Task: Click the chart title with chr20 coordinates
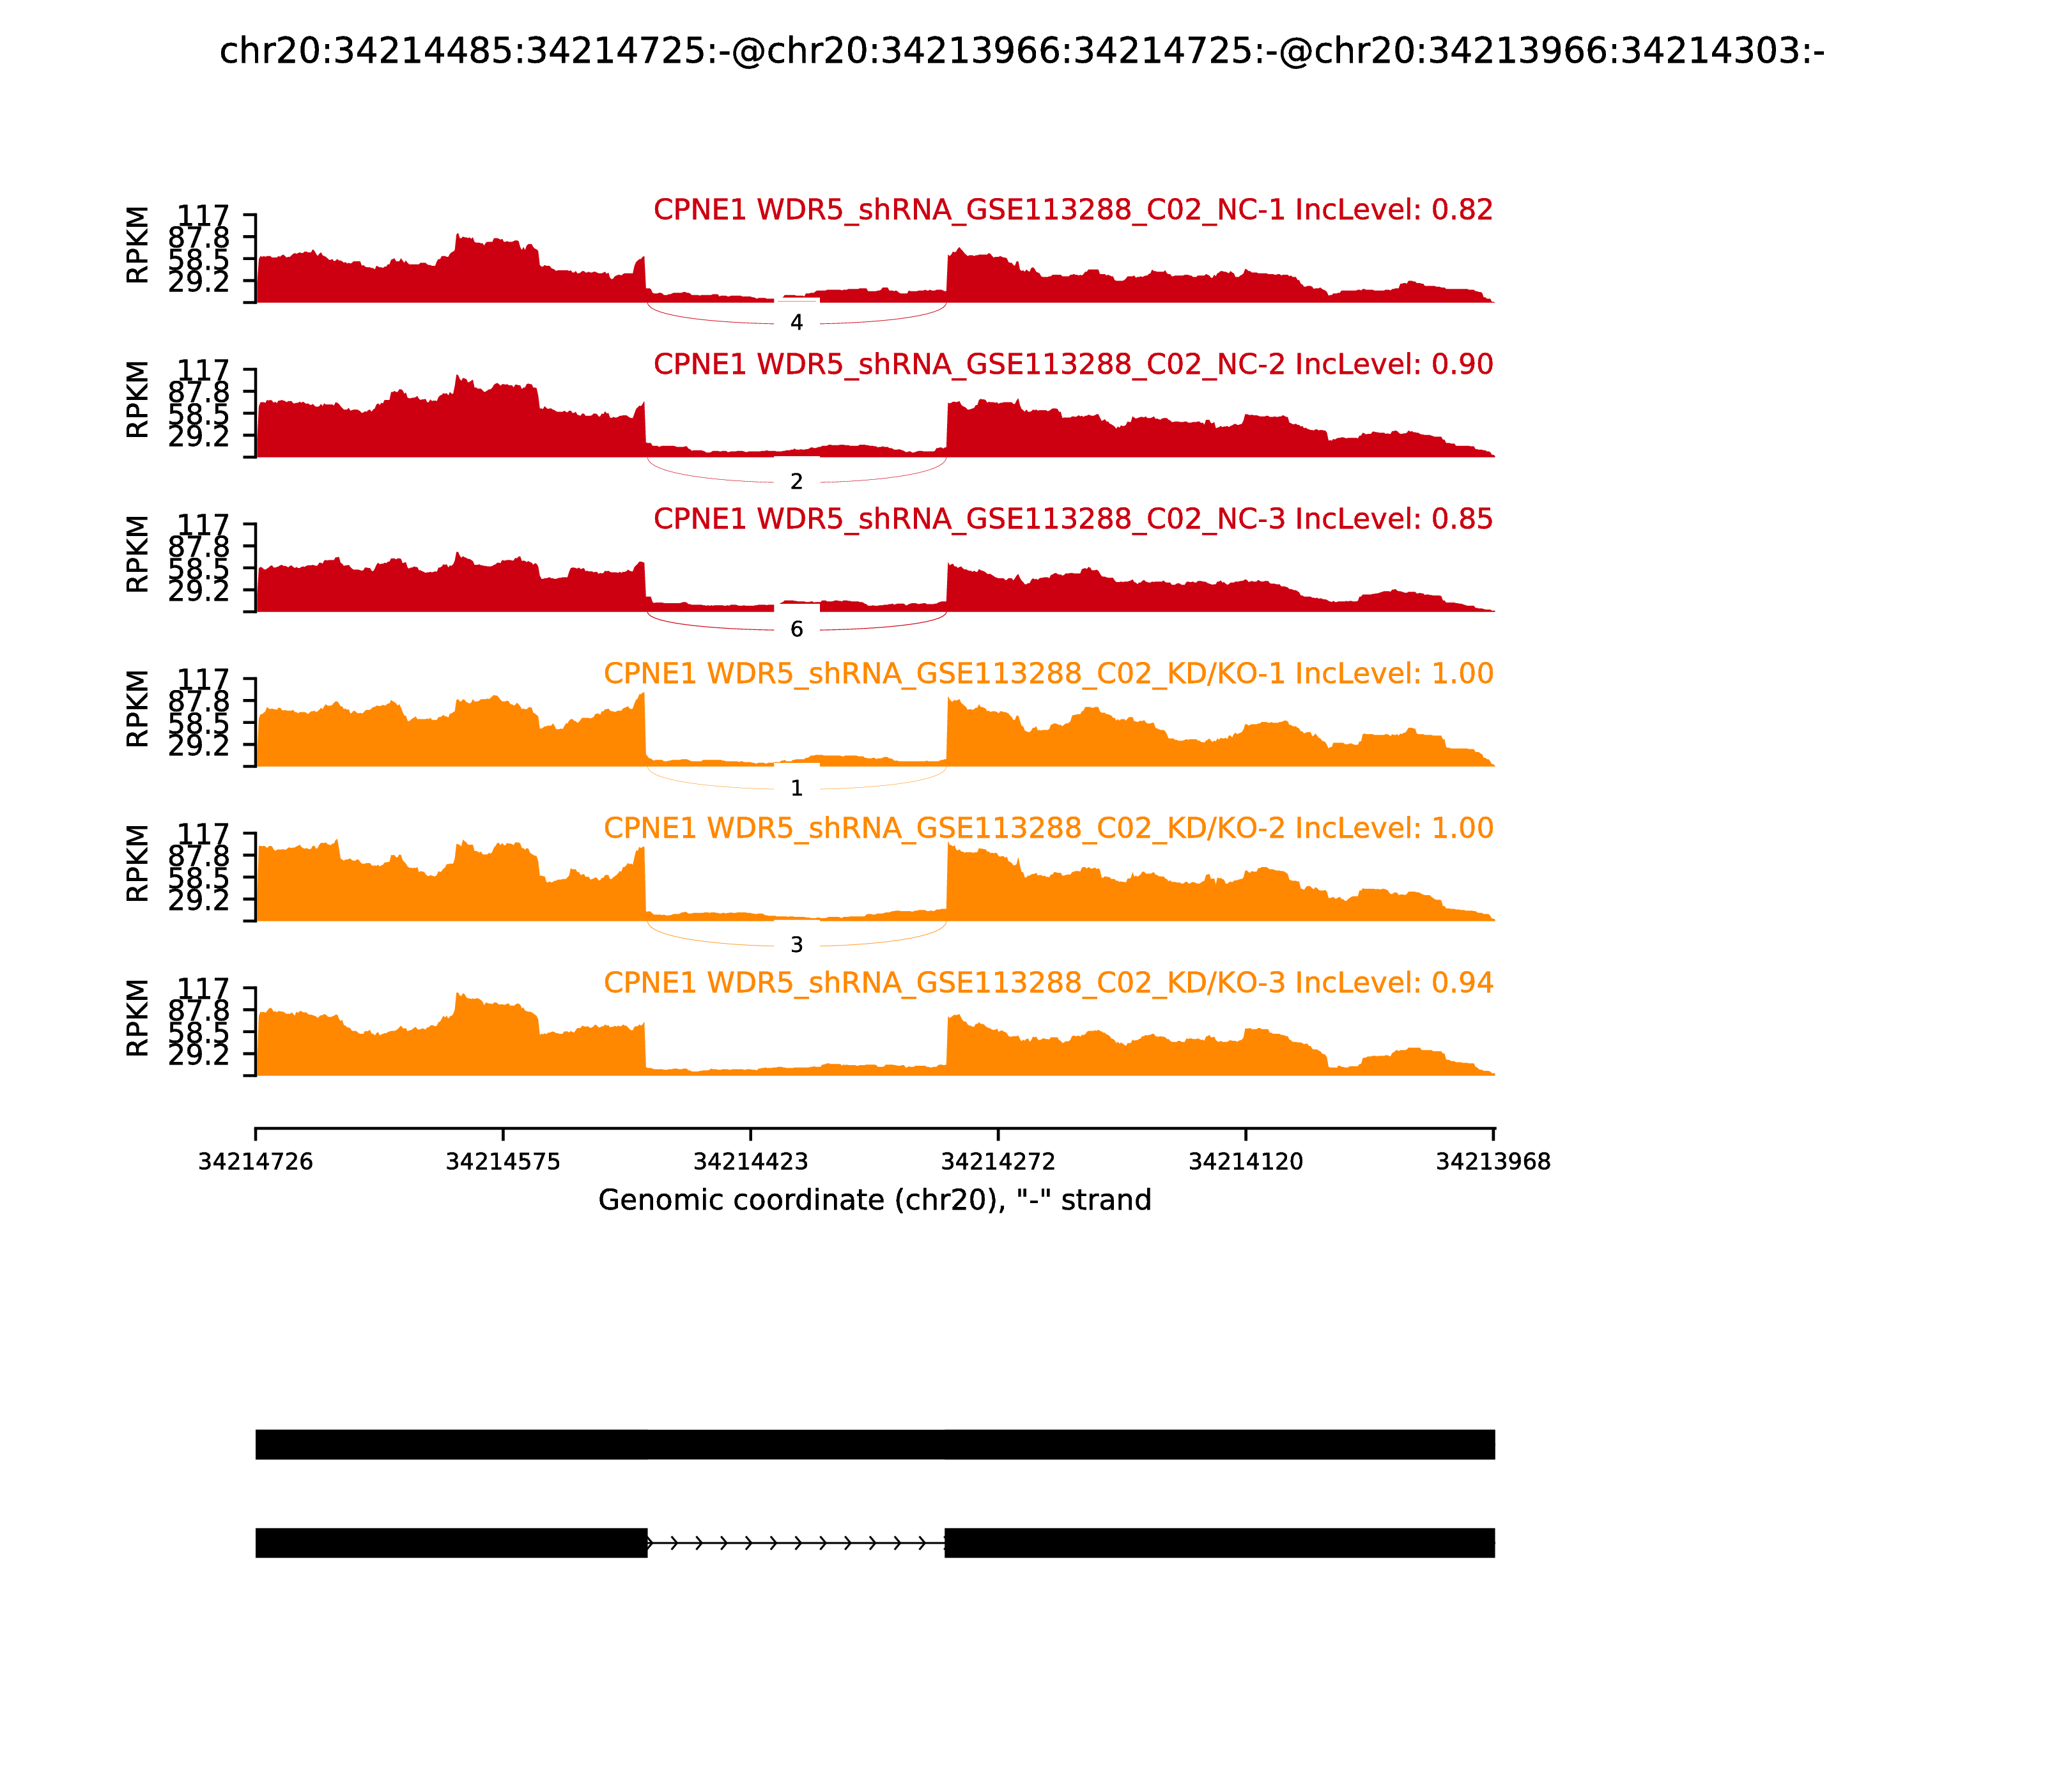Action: pos(1021,51)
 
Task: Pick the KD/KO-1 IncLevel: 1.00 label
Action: pos(1049,674)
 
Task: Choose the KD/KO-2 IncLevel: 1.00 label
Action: pos(1049,829)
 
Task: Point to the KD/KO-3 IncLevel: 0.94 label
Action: pos(1049,983)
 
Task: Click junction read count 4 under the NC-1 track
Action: pos(796,323)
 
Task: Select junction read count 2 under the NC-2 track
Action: pos(796,482)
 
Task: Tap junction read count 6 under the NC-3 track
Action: pos(796,629)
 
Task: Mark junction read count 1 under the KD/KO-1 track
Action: pos(796,788)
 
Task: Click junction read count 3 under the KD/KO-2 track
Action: pos(796,944)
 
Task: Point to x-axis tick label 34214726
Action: pos(256,1162)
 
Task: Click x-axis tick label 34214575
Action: pos(504,1162)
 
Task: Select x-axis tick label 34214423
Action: pos(751,1162)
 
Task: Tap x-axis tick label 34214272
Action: pos(998,1162)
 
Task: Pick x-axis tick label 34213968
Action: pos(1493,1162)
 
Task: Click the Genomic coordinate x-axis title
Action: pos(875,1200)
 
